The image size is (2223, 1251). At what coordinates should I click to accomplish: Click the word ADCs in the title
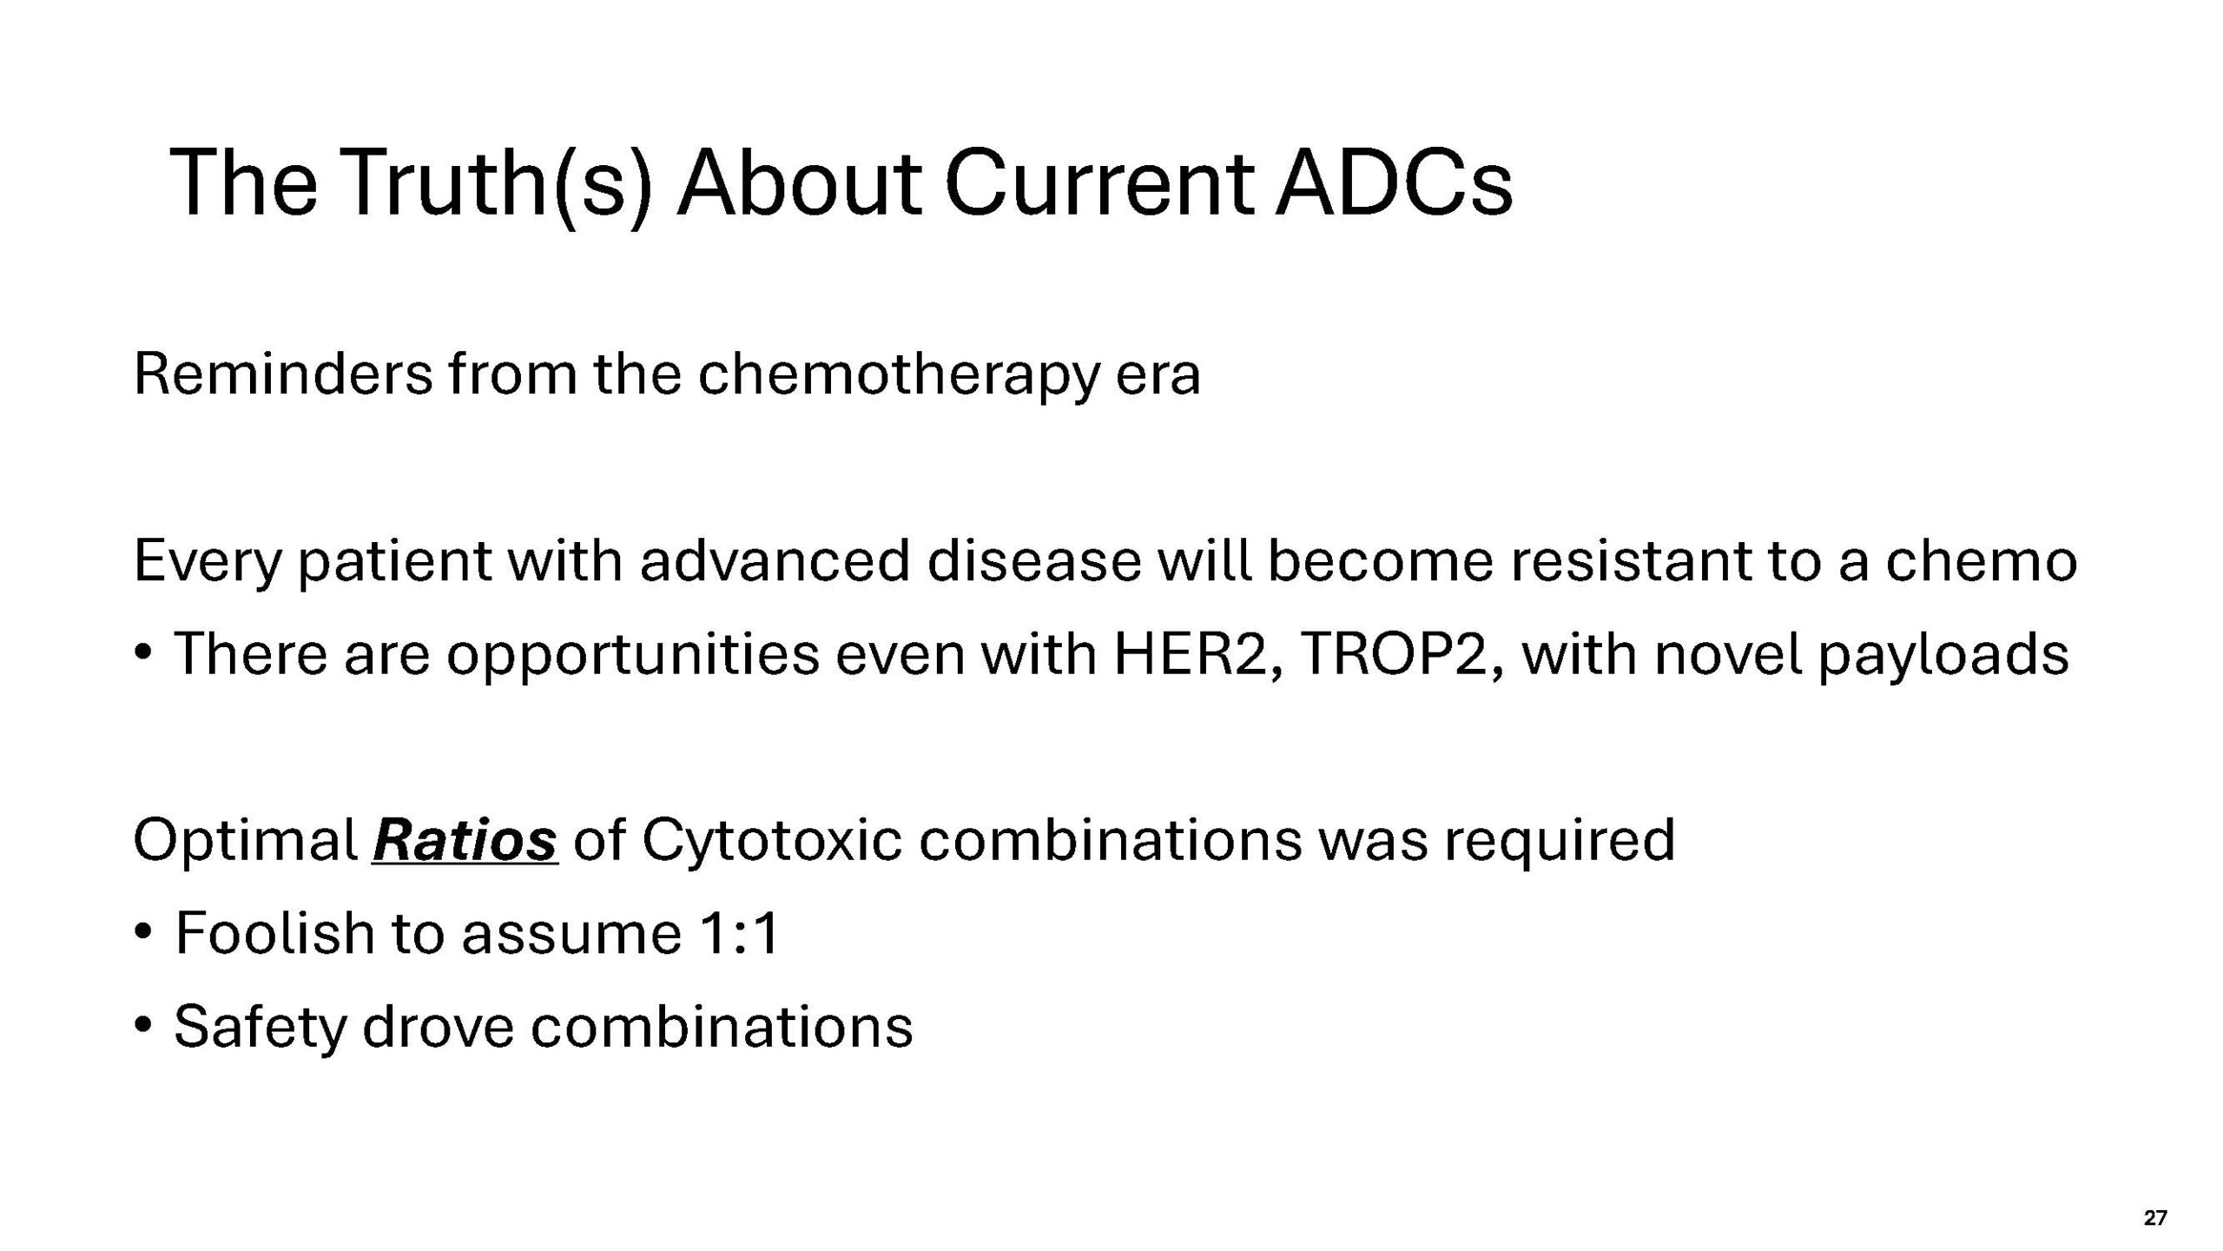(1395, 183)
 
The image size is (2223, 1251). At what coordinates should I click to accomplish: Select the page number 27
(2155, 1217)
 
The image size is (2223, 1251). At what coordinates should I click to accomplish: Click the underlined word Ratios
(465, 840)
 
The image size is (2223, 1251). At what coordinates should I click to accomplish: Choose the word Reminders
(283, 374)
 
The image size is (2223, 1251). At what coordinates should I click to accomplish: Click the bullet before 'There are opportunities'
(143, 653)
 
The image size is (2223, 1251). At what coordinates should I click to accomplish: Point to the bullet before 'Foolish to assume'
(143, 932)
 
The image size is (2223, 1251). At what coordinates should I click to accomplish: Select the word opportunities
(633, 656)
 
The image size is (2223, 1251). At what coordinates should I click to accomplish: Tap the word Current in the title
(1098, 183)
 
